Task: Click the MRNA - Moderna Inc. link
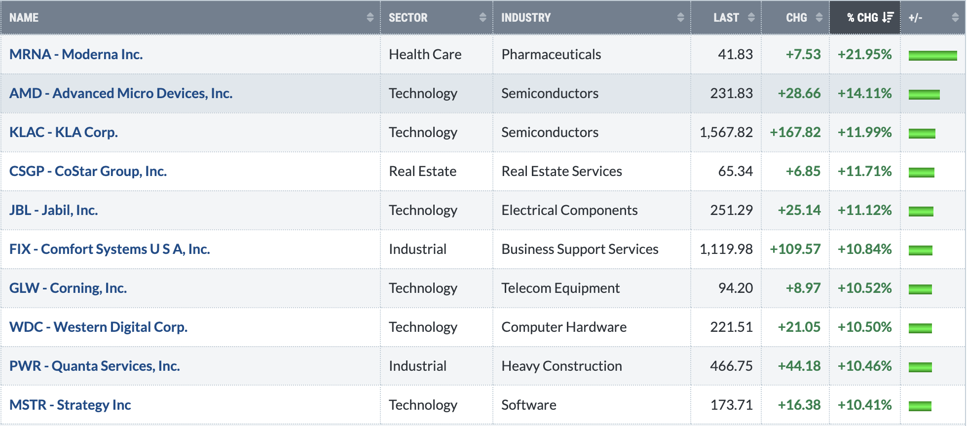[x=76, y=54]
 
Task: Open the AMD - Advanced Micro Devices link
[x=121, y=93]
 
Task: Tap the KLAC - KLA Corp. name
[x=64, y=132]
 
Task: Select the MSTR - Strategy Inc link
[x=70, y=405]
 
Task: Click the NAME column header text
[x=24, y=18]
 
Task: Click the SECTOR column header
[x=408, y=18]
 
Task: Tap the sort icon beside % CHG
[x=888, y=18]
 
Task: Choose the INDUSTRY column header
[x=526, y=18]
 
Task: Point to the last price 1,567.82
[x=726, y=132]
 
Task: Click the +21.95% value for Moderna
[x=865, y=54]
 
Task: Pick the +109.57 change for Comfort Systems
[x=795, y=249]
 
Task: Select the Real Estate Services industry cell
[x=562, y=171]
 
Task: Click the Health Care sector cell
[x=425, y=54]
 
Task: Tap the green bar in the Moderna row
[x=933, y=55]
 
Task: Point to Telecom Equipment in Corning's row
[x=560, y=288]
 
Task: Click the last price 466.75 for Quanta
[x=732, y=366]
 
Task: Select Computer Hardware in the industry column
[x=564, y=327]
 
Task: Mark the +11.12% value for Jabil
[x=865, y=210]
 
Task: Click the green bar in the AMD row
[x=924, y=94]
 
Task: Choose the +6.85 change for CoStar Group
[x=803, y=171]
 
